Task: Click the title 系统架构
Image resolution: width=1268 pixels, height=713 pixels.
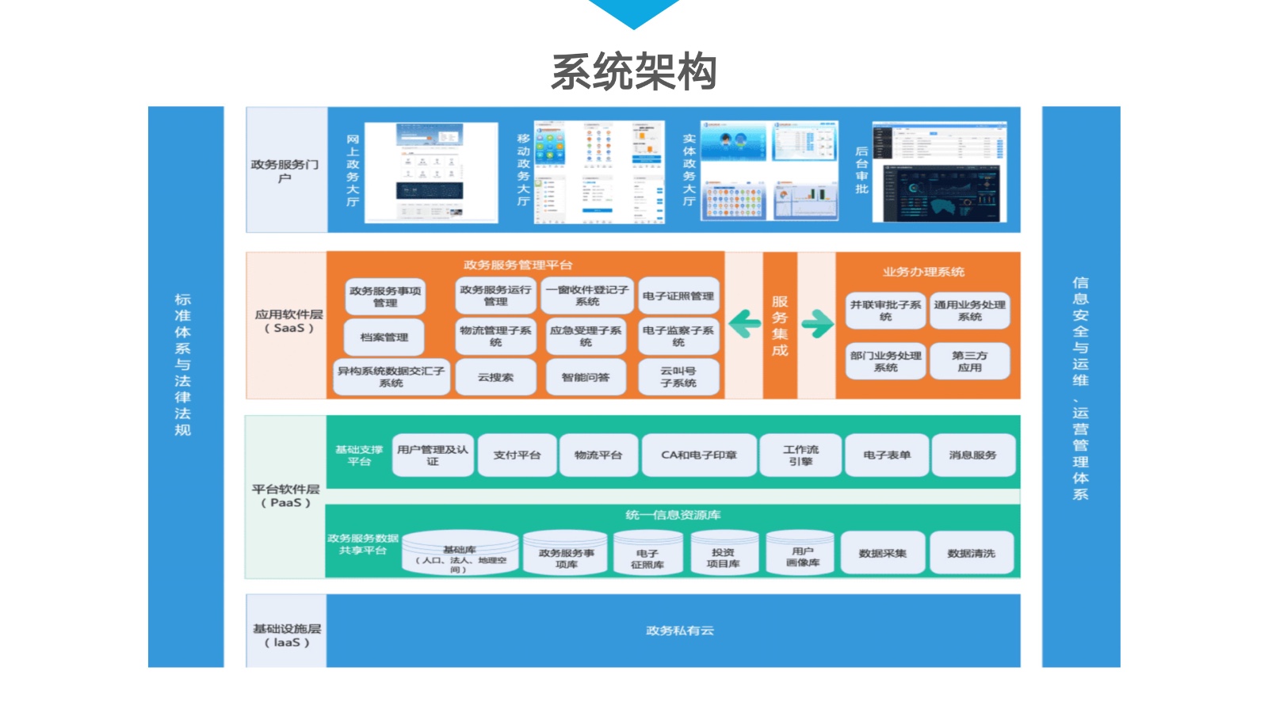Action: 634,71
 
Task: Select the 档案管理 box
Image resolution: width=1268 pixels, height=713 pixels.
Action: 384,337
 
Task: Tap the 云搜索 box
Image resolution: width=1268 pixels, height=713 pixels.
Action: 495,377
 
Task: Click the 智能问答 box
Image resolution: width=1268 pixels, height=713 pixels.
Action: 586,377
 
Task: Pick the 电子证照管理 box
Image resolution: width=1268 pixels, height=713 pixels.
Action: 678,296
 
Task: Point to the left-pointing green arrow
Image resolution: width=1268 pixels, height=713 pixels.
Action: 744,323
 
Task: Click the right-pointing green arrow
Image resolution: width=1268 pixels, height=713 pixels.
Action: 817,323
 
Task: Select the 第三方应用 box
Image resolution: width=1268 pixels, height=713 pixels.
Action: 969,361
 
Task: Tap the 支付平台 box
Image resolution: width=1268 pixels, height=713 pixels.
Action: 517,455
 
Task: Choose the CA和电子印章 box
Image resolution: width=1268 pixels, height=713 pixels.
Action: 699,455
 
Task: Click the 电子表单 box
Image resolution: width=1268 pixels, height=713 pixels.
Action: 887,455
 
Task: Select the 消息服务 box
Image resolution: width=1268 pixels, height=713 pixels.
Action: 972,455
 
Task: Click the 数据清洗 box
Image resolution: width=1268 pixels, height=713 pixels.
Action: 971,553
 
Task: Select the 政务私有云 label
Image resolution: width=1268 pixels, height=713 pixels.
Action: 680,631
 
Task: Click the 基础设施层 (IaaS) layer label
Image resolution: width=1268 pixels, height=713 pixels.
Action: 287,635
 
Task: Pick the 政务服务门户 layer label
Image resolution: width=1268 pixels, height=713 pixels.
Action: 285,170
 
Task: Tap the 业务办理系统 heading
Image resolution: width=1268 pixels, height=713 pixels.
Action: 923,272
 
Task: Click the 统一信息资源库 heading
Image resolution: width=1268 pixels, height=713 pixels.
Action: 673,515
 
